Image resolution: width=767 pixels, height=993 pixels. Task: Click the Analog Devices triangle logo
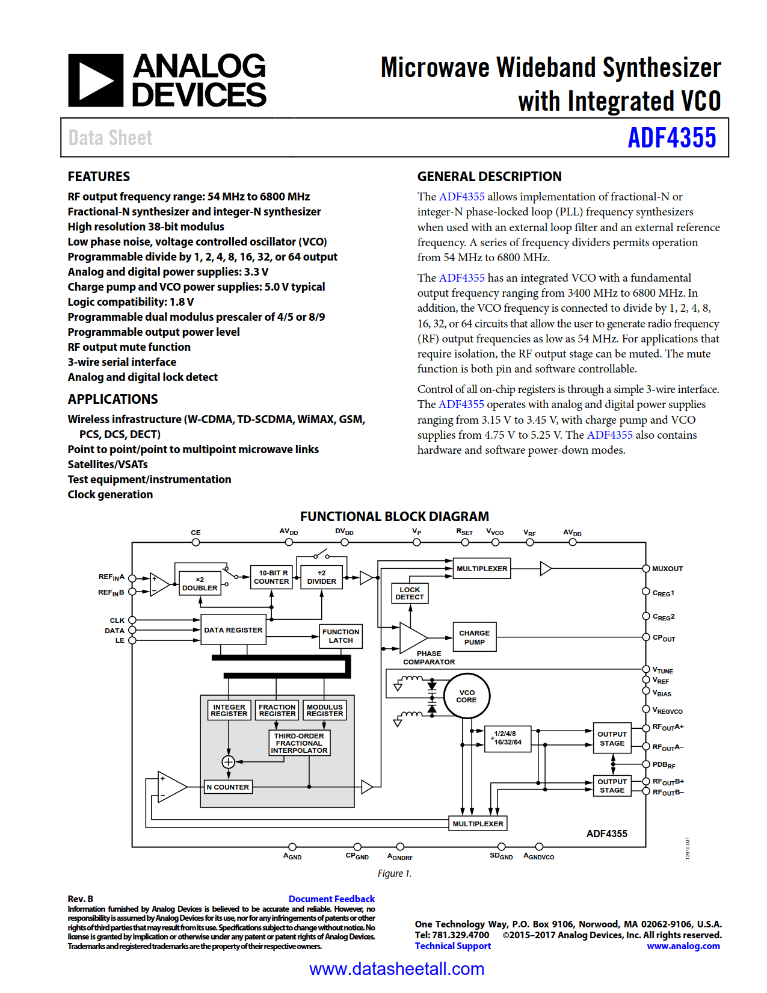pos(96,81)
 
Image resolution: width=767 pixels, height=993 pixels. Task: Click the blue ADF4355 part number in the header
pos(671,138)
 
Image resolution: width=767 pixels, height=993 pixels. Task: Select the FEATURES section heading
pos(99,176)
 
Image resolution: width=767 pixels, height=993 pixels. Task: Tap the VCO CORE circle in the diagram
pos(467,696)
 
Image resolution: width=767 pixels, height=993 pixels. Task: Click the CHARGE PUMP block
pos(474,637)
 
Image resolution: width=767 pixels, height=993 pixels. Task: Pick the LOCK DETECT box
pos(410,593)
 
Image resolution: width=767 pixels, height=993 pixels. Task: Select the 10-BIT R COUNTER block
pos(271,577)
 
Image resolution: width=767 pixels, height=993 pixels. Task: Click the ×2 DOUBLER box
pos(200,584)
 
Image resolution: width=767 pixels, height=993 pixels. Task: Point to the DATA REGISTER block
pos(233,630)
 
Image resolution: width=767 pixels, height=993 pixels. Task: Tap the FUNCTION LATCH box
pos(340,636)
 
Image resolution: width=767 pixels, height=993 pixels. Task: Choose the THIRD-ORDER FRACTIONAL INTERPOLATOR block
pos(299,743)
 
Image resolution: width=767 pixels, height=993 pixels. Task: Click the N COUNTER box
pos(227,787)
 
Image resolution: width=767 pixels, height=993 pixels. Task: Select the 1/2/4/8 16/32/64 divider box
pos(508,738)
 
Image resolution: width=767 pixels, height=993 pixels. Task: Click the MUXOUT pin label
pos(667,569)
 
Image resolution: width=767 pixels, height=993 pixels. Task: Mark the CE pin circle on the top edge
pos(196,542)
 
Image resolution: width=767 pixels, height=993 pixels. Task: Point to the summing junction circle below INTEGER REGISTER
pos(229,762)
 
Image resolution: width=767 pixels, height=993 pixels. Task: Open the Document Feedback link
pos(331,899)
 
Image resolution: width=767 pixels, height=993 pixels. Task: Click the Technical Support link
pos(452,946)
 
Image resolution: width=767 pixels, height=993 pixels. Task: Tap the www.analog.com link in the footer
pos(683,946)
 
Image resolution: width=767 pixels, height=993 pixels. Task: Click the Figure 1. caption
pos(395,873)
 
